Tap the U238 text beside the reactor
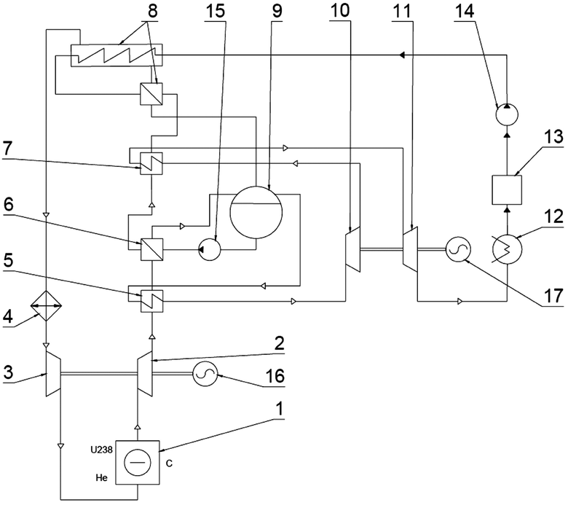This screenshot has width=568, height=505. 101,450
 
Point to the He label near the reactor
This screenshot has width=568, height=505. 102,478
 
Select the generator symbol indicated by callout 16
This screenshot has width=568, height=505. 205,375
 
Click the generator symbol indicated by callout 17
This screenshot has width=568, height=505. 458,249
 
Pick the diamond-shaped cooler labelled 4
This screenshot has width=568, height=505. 46,306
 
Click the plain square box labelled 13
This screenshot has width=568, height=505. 507,189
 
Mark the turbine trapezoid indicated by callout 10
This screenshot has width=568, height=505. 353,249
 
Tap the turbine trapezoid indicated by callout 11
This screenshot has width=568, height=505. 411,249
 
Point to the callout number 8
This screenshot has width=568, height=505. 152,11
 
